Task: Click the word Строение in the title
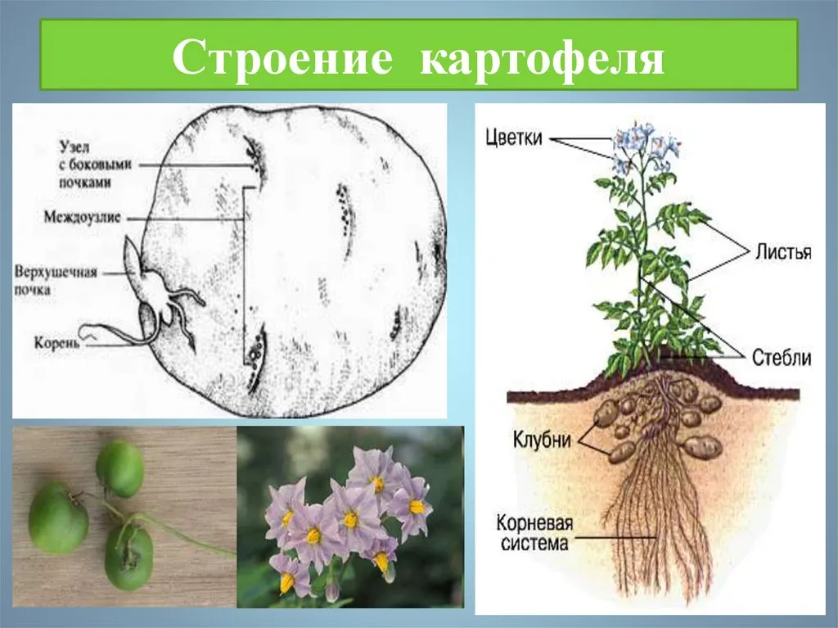[x=282, y=56]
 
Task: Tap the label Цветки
[x=514, y=138]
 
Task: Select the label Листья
[x=783, y=251]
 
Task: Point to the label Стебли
[x=782, y=357]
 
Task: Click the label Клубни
[x=542, y=439]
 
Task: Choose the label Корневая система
[x=534, y=533]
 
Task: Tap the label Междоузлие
[x=83, y=217]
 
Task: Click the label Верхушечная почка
[x=56, y=281]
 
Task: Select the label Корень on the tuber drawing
[x=57, y=342]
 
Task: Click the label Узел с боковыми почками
[x=94, y=165]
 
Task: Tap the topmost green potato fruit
[x=119, y=468]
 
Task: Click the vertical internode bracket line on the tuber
[x=244, y=275]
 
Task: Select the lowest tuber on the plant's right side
[x=702, y=447]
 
